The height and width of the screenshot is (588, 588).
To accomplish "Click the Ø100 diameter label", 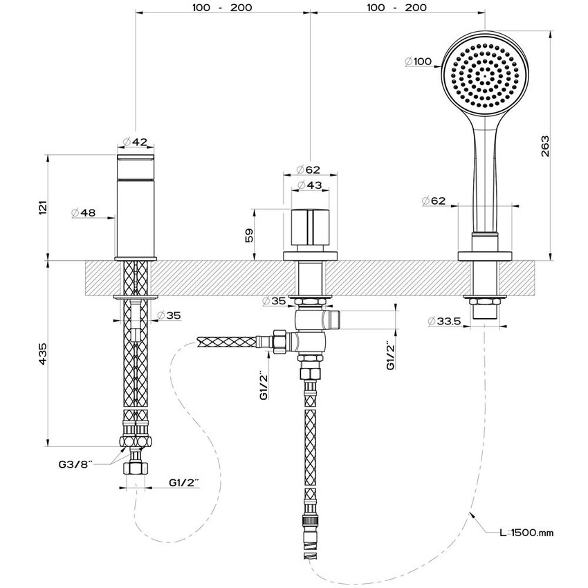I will click(x=419, y=62).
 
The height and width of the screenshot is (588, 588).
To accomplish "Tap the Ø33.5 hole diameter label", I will click(x=445, y=321).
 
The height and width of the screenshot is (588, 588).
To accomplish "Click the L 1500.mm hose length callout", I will click(x=528, y=533).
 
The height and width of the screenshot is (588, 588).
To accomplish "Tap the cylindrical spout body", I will click(x=136, y=208).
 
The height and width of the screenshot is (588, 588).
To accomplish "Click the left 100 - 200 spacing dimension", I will click(x=222, y=8).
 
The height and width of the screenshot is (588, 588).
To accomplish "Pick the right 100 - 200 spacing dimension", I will click(x=396, y=8).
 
